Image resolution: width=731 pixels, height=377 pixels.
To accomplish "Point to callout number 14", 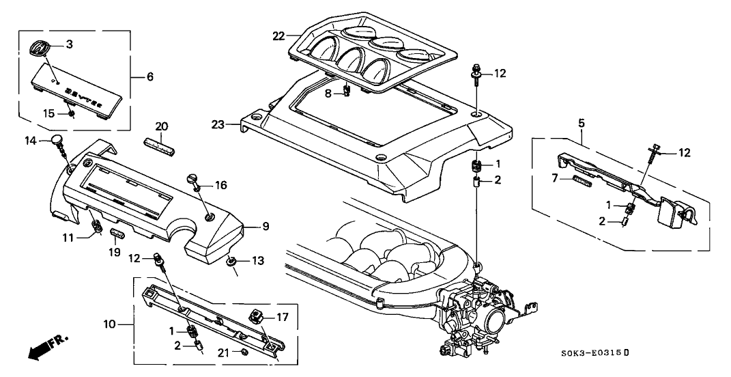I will coord(29,141).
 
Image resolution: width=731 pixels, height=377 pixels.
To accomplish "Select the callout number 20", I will coord(161,126).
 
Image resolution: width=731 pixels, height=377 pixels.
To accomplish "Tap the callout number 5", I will coord(581,124).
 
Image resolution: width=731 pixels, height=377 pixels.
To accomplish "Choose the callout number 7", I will coord(556,178).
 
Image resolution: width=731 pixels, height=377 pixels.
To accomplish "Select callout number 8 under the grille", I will coord(328,94).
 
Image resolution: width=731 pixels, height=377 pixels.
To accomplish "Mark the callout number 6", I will coord(149,76).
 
